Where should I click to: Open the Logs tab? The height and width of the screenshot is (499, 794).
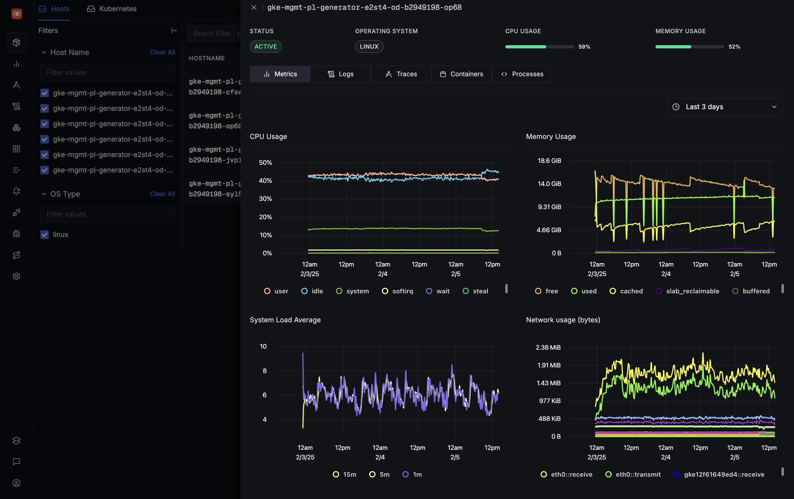click(x=340, y=74)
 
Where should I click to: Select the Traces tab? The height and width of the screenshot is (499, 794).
click(x=401, y=74)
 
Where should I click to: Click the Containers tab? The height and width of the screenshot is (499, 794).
click(x=461, y=74)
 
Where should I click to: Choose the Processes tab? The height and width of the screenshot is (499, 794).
click(x=522, y=74)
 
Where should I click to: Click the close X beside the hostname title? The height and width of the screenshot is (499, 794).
click(x=254, y=7)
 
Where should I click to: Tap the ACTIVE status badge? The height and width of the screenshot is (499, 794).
click(x=266, y=46)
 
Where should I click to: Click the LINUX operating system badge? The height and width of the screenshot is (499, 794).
click(x=369, y=46)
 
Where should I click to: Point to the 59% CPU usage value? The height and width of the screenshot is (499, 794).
click(x=584, y=47)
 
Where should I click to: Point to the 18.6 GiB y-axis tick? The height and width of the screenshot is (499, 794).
click(x=549, y=161)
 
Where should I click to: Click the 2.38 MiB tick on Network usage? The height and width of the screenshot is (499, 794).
click(x=548, y=347)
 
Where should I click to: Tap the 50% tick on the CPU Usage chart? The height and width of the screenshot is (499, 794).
click(x=265, y=162)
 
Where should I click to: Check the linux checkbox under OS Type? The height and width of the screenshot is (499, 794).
click(x=45, y=234)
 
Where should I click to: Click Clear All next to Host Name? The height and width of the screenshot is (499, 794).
click(x=162, y=52)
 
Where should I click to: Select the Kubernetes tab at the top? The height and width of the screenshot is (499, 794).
click(x=112, y=9)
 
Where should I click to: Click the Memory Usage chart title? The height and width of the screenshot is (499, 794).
click(x=551, y=136)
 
